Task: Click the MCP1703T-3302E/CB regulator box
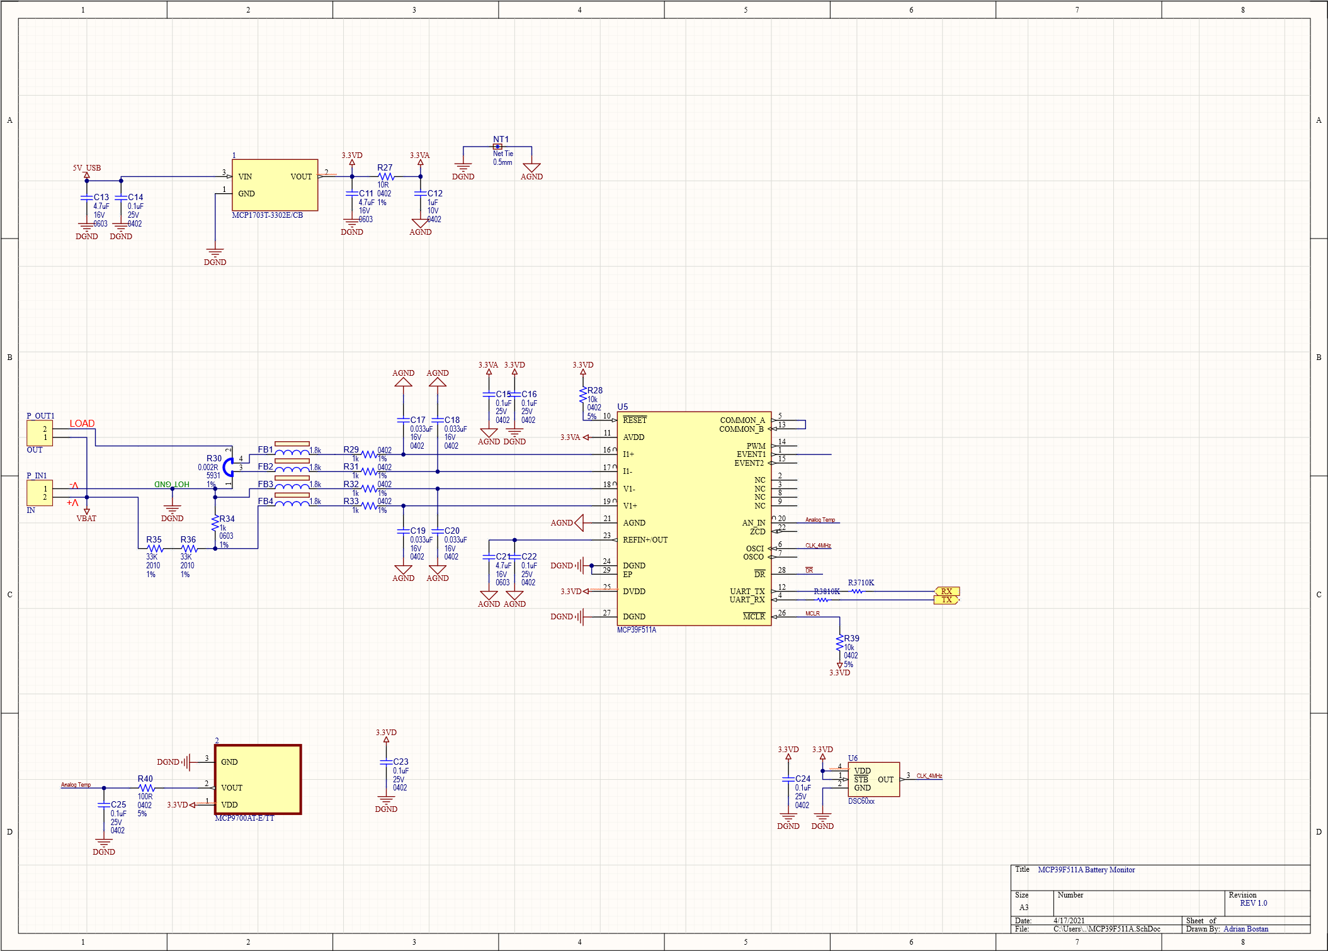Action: [275, 184]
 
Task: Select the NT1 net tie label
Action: [501, 139]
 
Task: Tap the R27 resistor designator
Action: [385, 167]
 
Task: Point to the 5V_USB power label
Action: [86, 168]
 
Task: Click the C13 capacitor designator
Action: [101, 197]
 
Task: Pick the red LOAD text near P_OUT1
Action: [82, 424]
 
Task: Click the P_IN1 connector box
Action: [39, 493]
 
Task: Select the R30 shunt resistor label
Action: [214, 458]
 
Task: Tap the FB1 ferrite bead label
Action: [265, 449]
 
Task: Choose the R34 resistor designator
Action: [227, 519]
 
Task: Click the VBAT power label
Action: [86, 519]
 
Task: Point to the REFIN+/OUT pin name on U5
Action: [645, 540]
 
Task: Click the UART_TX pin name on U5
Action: [747, 591]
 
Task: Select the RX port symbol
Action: [946, 591]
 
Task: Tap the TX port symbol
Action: [946, 600]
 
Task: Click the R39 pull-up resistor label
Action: [851, 638]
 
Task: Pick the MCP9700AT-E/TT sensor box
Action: [258, 780]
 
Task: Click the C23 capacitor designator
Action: [400, 762]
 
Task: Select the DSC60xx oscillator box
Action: [873, 779]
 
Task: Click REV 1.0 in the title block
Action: [1253, 903]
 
